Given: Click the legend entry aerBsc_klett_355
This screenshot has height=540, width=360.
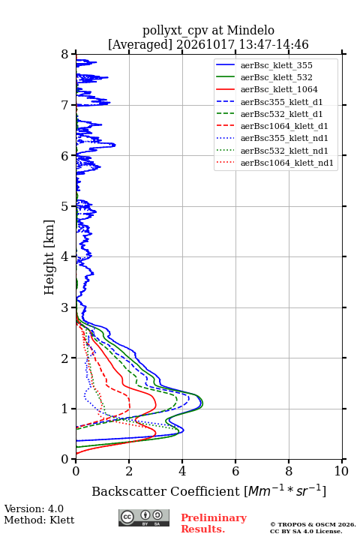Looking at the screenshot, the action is pyautogui.click(x=276, y=65).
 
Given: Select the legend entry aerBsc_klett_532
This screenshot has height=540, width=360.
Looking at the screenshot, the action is pyautogui.click(x=276, y=77).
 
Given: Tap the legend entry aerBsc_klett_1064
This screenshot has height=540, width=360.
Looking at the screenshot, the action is pyautogui.click(x=279, y=89).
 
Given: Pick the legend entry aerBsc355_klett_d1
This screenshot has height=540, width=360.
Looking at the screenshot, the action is pyautogui.click(x=281, y=102).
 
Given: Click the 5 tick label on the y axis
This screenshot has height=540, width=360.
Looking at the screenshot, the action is pyautogui.click(x=65, y=206).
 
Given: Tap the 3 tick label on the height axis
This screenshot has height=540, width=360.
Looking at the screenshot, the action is pyautogui.click(x=65, y=307).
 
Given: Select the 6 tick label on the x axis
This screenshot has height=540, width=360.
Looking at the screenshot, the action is pyautogui.click(x=235, y=471).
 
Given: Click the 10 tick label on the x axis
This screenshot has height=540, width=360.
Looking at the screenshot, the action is pyautogui.click(x=341, y=471).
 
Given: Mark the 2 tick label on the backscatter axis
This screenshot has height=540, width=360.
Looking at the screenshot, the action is pyautogui.click(x=129, y=471).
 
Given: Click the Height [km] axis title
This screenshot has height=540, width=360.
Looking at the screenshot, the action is pyautogui.click(x=49, y=257).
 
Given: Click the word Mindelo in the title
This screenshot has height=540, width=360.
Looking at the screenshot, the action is pyautogui.click(x=250, y=31).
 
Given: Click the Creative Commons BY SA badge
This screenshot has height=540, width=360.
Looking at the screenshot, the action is pyautogui.click(x=144, y=517).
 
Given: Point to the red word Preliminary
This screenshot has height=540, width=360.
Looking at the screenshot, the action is pyautogui.click(x=214, y=517).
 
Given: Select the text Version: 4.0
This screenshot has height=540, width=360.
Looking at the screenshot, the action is pyautogui.click(x=34, y=508).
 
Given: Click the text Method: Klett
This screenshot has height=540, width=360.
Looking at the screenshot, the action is pyautogui.click(x=39, y=520).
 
